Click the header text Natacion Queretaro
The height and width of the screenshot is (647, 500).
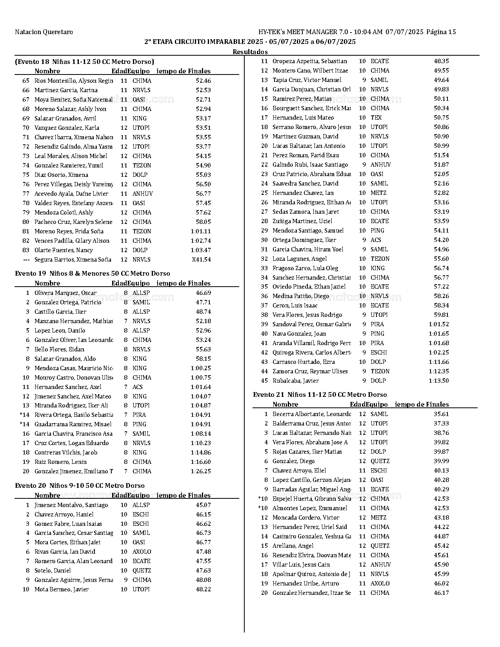tap(44, 32)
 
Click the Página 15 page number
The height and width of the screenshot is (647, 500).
tap(441, 32)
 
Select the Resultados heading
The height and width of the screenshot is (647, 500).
tap(250, 52)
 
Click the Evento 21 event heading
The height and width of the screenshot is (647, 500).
tap(320, 394)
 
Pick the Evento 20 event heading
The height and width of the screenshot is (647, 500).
tap(80, 485)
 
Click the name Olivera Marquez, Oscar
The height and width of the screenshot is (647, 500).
tap(65, 293)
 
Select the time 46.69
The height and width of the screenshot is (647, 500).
tap(203, 293)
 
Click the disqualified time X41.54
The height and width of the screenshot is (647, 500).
tap(201, 260)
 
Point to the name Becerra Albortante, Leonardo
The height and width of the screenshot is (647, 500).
tap(311, 414)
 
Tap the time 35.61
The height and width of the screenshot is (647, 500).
tap(441, 414)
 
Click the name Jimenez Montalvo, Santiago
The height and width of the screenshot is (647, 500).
tap(71, 505)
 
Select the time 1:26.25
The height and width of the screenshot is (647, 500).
tap(200, 471)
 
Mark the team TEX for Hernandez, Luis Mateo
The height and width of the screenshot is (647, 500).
tap(376, 118)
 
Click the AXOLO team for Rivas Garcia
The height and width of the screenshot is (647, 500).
tap(142, 552)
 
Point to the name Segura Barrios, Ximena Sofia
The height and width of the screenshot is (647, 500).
tap(73, 260)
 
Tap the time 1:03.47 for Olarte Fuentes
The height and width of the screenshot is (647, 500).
tap(200, 250)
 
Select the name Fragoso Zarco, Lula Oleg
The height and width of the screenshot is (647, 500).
tap(305, 268)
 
